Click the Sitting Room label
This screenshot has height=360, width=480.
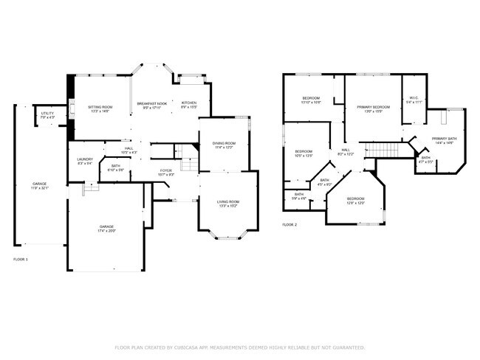pos(100,107)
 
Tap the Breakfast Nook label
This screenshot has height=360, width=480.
pos(151,103)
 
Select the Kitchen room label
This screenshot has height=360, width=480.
pos(188,103)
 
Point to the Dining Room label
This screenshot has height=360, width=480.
pos(224,143)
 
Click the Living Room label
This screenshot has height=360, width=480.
pos(227,201)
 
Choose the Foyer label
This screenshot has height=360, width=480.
pos(166,171)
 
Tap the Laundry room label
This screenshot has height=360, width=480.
pos(84,159)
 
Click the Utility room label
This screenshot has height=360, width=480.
pos(47,114)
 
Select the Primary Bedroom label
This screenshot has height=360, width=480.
pos(374,108)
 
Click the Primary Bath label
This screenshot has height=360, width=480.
pos(445,139)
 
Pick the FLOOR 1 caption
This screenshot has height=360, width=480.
pos(21,259)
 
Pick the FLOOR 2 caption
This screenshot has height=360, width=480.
pos(289,224)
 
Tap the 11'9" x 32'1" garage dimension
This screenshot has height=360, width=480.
pos(39,188)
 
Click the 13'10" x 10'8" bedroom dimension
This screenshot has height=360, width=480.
pos(311,103)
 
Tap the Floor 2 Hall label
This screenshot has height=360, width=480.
pos(346,150)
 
